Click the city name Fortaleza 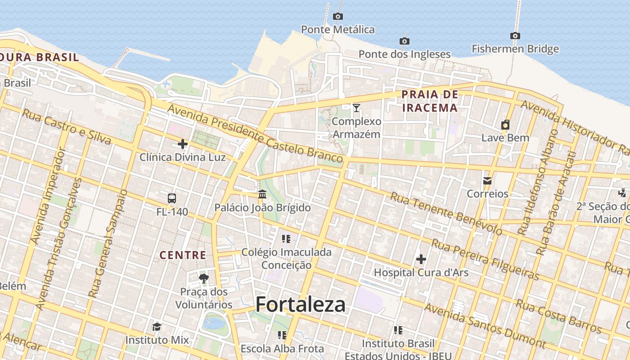301,305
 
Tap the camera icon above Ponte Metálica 338,17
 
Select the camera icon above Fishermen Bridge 515,36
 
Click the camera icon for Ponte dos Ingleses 405,41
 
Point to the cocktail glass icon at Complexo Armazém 356,108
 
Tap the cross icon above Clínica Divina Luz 183,144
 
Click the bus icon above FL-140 172,198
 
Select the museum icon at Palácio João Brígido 262,194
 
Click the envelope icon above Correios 487,181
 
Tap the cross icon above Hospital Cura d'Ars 421,259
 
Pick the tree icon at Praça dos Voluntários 204,279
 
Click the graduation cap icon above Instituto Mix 157,327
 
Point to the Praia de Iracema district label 430,101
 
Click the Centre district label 183,255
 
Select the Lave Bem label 505,138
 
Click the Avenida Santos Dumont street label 485,327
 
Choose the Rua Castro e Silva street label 66,127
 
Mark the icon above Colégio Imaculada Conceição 286,238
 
